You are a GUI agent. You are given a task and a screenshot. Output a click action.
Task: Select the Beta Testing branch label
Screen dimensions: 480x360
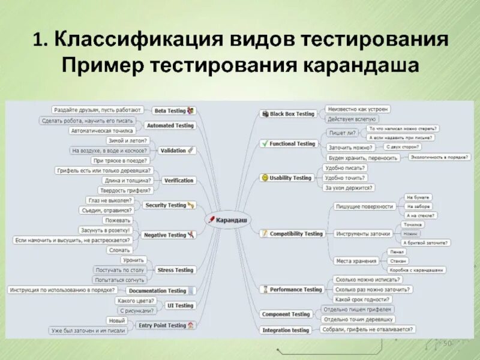coord(170,110)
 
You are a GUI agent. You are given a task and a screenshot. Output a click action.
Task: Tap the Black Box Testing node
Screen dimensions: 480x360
coord(292,113)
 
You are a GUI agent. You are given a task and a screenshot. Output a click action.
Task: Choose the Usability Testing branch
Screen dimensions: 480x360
coord(290,178)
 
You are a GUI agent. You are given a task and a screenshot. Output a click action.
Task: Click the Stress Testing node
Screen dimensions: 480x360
coord(175,270)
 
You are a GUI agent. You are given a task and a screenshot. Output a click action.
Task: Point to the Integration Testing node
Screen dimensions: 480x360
coord(286,330)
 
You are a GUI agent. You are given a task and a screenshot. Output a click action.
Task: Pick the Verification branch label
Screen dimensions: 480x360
coord(178,180)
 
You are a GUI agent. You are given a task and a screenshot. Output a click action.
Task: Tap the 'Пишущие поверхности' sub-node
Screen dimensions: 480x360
coord(365,206)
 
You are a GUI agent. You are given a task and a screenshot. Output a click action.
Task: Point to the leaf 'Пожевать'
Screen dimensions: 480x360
coord(116,220)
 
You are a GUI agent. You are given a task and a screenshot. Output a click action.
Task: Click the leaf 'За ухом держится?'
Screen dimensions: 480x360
coord(348,188)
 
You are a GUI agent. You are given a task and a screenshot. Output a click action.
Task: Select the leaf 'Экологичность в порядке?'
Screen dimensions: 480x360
coord(439,157)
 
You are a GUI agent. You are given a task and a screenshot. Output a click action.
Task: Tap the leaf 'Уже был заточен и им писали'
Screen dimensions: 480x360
coord(88,330)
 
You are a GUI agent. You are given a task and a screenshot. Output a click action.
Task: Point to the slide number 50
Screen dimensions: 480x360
coord(446,343)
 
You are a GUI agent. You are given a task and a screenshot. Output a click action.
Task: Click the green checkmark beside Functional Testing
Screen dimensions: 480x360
coord(263,144)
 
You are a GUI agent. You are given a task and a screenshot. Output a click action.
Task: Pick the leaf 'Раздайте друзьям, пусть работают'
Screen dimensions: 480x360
coord(98,110)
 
